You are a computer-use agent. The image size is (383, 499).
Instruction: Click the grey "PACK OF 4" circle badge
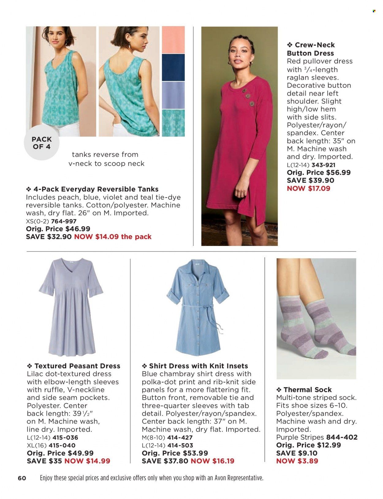click(x=41, y=143)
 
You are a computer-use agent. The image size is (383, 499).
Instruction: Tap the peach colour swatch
click(x=173, y=40)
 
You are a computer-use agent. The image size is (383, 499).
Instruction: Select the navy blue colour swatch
click(x=173, y=67)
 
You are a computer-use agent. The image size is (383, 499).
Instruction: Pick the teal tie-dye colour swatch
click(x=173, y=123)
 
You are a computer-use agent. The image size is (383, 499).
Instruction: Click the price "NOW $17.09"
click(x=309, y=188)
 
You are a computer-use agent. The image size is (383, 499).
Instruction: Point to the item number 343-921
click(x=323, y=165)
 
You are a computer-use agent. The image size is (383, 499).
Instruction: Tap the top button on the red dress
click(x=245, y=90)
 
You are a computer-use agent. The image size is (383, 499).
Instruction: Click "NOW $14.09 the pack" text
click(x=113, y=237)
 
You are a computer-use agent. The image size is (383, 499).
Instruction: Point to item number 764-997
click(x=64, y=221)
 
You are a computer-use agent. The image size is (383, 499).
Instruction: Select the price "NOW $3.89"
click(x=297, y=461)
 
